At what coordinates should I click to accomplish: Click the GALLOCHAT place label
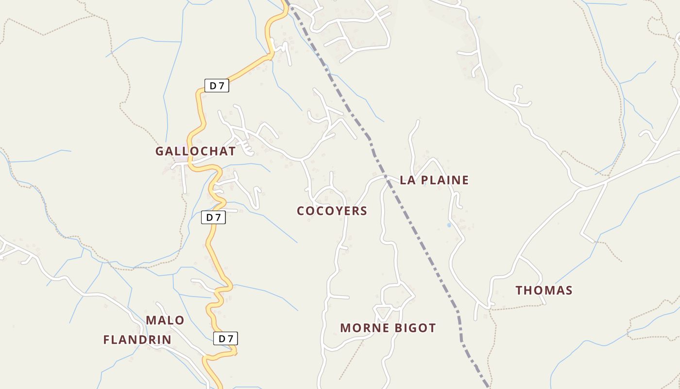(x=195, y=151)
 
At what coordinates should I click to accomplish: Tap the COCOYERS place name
(x=332, y=211)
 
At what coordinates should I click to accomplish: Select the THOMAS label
(x=544, y=291)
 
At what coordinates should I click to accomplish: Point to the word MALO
(x=165, y=320)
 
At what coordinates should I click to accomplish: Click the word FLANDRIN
(x=137, y=340)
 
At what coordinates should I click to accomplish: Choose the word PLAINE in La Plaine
(x=444, y=180)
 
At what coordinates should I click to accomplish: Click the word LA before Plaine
(x=408, y=180)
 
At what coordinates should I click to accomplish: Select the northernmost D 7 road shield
(x=216, y=86)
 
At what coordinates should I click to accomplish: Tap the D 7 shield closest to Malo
(x=226, y=338)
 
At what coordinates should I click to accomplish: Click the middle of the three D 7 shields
(x=213, y=217)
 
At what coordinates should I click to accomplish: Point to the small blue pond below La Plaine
(x=449, y=226)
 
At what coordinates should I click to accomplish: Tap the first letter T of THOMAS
(x=519, y=291)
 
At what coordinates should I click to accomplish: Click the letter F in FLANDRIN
(x=107, y=340)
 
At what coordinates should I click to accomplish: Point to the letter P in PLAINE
(x=424, y=180)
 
